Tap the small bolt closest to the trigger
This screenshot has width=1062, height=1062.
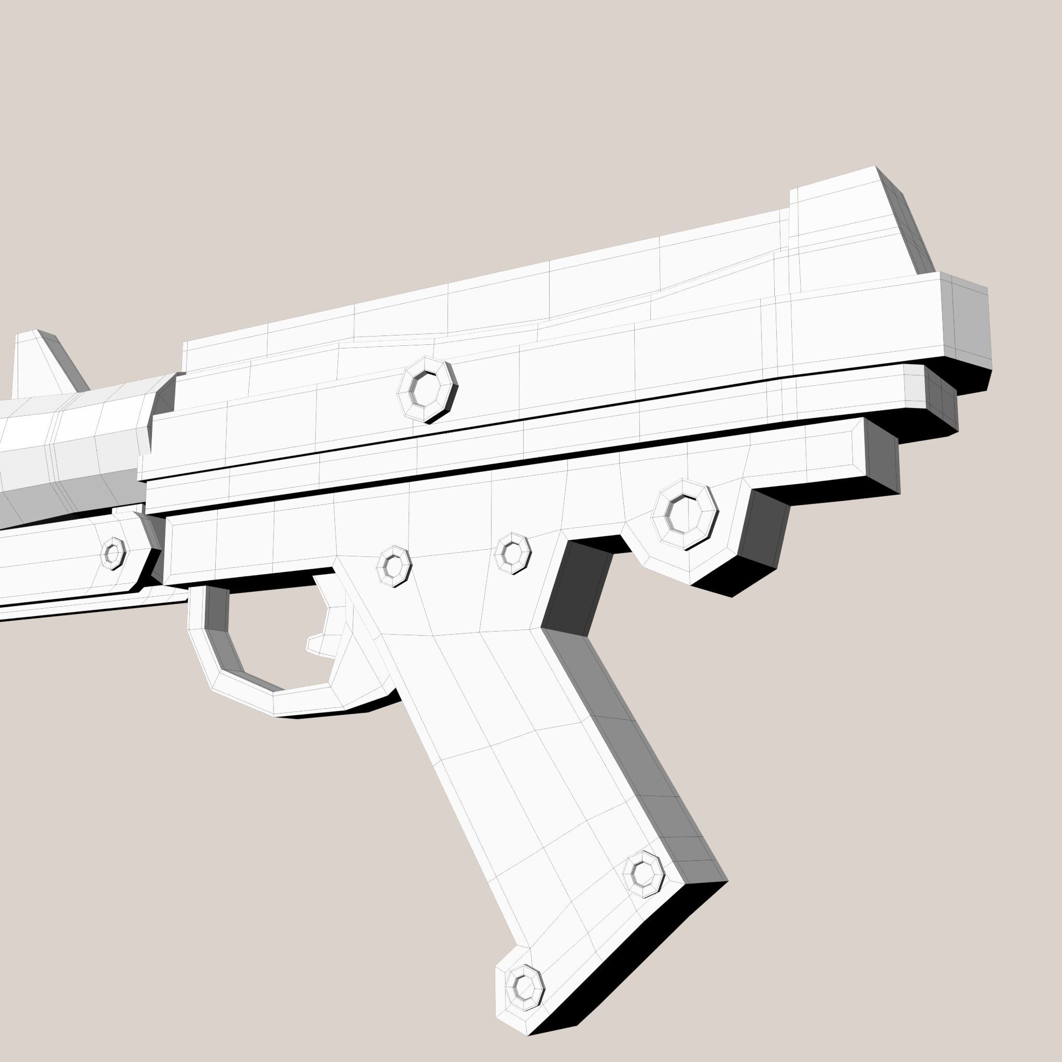pos(394,566)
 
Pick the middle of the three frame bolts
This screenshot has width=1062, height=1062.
pos(512,553)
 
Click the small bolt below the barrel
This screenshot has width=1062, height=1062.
pos(113,553)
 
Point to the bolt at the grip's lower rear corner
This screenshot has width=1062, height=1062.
pos(642,873)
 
